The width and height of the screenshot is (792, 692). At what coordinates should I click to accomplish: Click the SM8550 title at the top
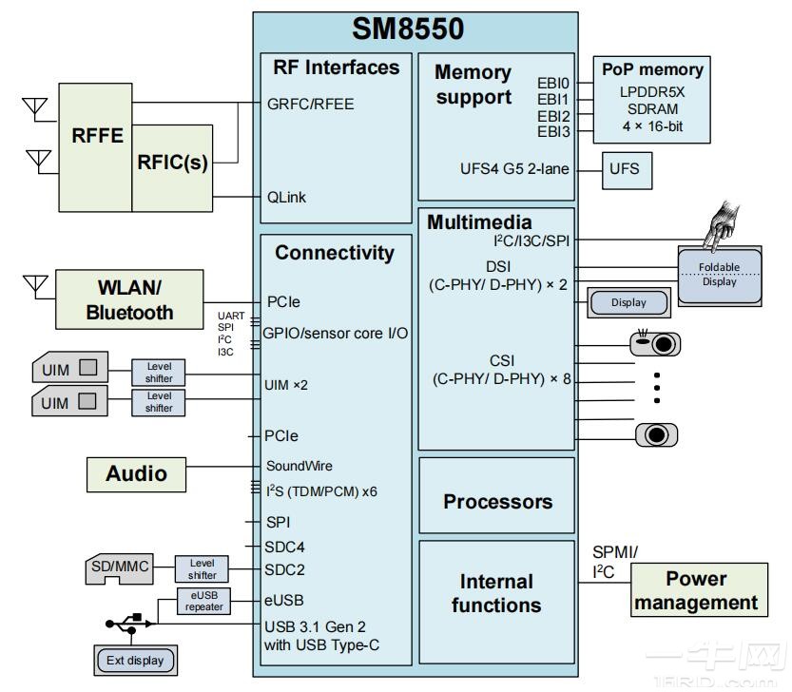click(408, 29)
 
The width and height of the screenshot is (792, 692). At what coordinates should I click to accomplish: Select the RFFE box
click(97, 135)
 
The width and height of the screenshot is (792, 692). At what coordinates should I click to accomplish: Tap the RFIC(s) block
click(172, 163)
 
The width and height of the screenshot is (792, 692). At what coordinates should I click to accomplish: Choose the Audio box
click(136, 473)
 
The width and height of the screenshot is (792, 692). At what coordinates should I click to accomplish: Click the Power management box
click(696, 590)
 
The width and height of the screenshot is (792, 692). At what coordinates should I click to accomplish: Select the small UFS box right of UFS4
click(625, 170)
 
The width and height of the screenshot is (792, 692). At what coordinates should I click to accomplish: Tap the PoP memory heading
click(652, 69)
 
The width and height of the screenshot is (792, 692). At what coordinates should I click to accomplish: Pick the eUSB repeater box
click(204, 601)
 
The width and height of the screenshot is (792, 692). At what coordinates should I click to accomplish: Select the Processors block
click(496, 501)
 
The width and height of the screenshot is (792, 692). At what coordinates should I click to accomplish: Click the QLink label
click(286, 197)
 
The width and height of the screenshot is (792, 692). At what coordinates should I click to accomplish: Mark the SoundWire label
click(298, 466)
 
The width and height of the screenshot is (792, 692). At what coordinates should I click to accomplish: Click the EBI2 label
click(552, 115)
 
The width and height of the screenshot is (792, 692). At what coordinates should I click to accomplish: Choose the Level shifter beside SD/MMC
click(203, 568)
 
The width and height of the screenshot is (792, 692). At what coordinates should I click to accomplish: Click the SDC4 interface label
click(284, 547)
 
